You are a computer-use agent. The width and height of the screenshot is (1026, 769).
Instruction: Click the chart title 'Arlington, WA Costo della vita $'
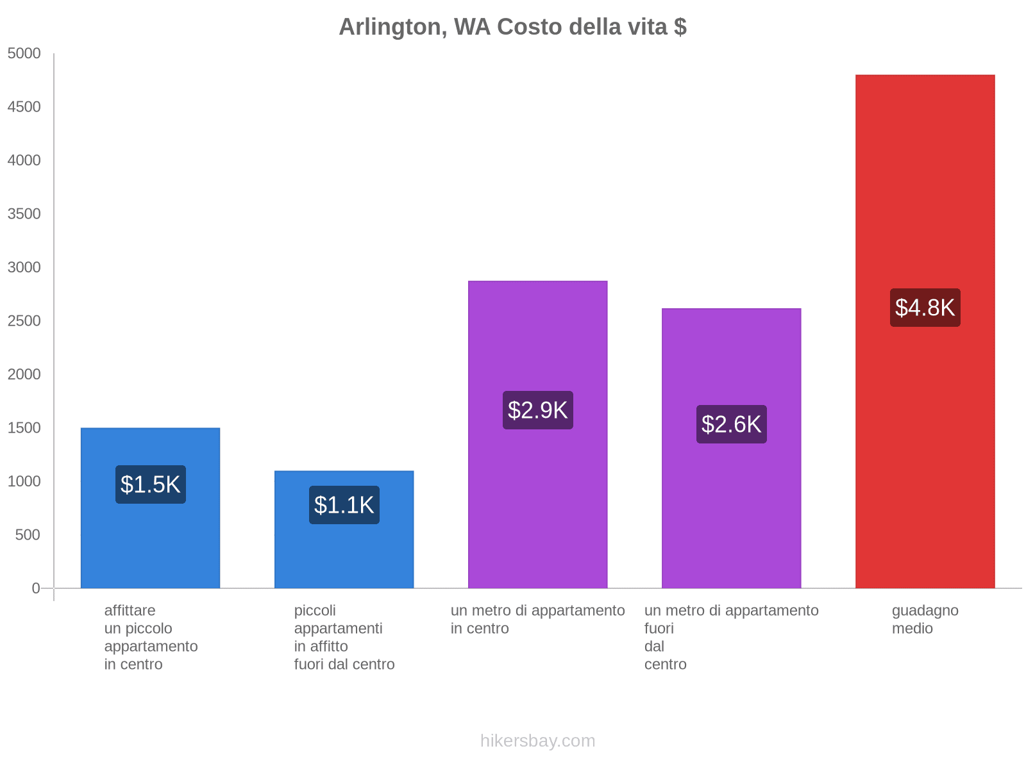tap(512, 27)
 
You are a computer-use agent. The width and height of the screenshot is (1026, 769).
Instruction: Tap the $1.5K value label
tap(151, 484)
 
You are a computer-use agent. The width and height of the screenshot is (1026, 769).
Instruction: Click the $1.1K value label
tap(344, 505)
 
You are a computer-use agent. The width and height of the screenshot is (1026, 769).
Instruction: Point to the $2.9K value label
tap(538, 410)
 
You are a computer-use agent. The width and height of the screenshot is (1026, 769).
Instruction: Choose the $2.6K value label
tap(732, 424)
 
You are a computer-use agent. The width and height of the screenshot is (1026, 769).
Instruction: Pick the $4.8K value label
tap(925, 308)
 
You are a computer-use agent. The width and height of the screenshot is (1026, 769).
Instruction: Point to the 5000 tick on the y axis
tap(24, 54)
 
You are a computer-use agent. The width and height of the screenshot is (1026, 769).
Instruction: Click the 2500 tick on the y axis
tap(24, 321)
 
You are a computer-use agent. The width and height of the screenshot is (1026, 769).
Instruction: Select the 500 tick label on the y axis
tap(28, 535)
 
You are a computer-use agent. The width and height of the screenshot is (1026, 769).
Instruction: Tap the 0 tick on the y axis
tap(36, 588)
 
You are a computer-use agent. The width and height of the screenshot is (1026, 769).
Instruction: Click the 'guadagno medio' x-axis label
tap(925, 620)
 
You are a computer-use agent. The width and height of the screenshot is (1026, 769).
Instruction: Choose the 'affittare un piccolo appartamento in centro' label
tap(151, 637)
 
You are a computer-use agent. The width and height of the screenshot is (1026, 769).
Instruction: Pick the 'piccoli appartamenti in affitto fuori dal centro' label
tap(344, 637)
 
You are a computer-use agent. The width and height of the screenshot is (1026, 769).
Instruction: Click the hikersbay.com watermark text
tap(537, 741)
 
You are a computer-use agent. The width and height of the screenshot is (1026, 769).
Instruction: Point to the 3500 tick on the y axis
tap(24, 214)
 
